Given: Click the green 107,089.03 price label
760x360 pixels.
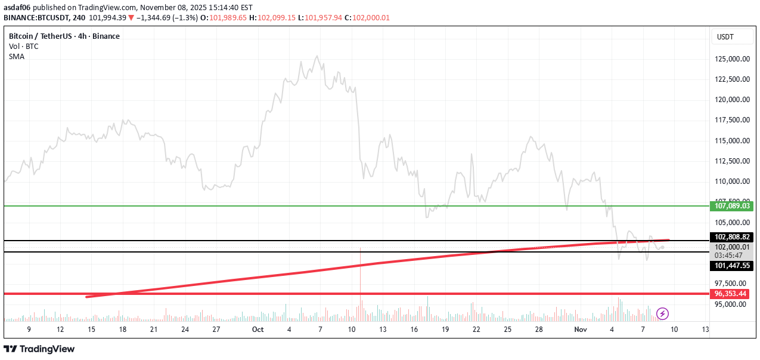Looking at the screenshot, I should (x=731, y=206).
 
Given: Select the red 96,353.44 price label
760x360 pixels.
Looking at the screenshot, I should (x=731, y=294).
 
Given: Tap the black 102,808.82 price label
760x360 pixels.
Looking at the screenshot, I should (x=731, y=237).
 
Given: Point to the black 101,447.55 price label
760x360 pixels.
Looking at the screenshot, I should (x=731, y=266).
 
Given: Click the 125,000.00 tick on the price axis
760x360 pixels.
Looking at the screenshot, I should (x=731, y=59).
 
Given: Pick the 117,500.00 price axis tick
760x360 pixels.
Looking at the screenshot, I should (x=731, y=120).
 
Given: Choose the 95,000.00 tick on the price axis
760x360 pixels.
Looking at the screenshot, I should (x=731, y=304).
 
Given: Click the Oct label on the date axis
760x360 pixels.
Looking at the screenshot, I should (x=258, y=329).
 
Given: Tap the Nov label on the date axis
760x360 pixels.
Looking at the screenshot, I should (x=580, y=329).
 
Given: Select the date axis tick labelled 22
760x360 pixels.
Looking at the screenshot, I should (x=476, y=329).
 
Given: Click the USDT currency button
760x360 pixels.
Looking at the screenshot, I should (x=725, y=37).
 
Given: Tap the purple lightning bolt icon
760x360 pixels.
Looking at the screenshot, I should (x=662, y=313).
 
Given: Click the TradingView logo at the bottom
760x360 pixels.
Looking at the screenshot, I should (x=39, y=349).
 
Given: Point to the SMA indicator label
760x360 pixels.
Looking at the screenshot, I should (x=17, y=56).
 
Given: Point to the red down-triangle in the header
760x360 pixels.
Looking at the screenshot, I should (x=131, y=18).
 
